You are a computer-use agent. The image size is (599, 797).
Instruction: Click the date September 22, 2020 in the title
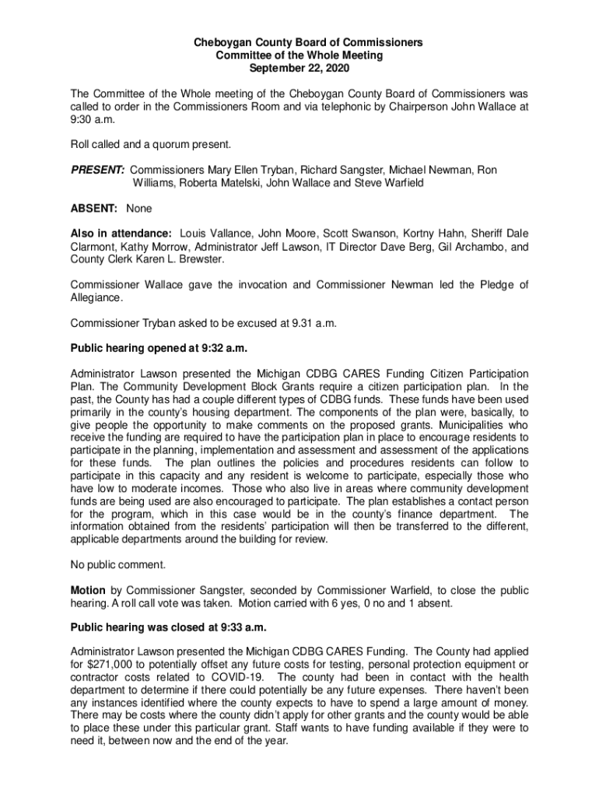(299, 69)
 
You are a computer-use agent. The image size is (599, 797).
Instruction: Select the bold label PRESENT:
(97, 170)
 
